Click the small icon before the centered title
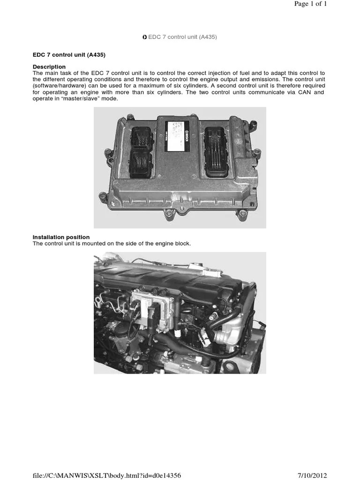tap(145, 37)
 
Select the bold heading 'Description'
tap(49, 67)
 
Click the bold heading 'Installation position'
tap(61, 237)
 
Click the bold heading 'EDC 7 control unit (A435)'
tap(69, 55)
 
